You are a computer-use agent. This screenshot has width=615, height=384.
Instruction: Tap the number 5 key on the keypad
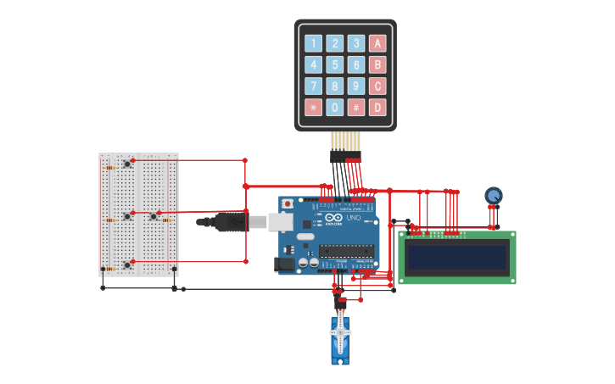pyautogui.click(x=335, y=64)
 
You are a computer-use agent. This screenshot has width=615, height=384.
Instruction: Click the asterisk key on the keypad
pyautogui.click(x=314, y=108)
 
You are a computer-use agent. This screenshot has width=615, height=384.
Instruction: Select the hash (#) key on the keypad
pyautogui.click(x=356, y=108)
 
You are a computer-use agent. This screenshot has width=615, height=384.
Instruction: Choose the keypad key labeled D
pyautogui.click(x=377, y=108)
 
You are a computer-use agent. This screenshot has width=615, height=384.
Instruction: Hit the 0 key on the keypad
pyautogui.click(x=335, y=108)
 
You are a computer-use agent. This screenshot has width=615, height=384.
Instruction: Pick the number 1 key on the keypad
pyautogui.click(x=314, y=43)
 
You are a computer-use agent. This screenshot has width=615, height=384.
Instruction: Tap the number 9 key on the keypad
pyautogui.click(x=356, y=86)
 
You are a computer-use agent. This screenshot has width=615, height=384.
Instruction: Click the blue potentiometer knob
pyautogui.click(x=494, y=195)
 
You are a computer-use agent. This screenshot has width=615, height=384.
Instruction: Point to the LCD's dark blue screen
pyautogui.click(x=457, y=258)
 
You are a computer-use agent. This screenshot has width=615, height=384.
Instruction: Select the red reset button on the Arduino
pyautogui.click(x=288, y=204)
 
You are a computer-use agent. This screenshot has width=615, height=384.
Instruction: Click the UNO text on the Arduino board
pyautogui.click(x=354, y=219)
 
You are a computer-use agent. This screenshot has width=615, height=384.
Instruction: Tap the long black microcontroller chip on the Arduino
pyautogui.click(x=346, y=250)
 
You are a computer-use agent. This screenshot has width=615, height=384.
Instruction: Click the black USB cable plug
pyautogui.click(x=228, y=222)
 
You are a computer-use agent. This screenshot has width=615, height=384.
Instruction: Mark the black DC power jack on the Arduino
pyautogui.click(x=285, y=264)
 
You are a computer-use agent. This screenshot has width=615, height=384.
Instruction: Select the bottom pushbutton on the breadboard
pyautogui.click(x=127, y=264)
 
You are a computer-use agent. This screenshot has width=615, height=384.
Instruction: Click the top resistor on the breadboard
pyautogui.click(x=110, y=168)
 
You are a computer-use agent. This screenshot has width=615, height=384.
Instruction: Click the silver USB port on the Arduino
pyautogui.click(x=281, y=222)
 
